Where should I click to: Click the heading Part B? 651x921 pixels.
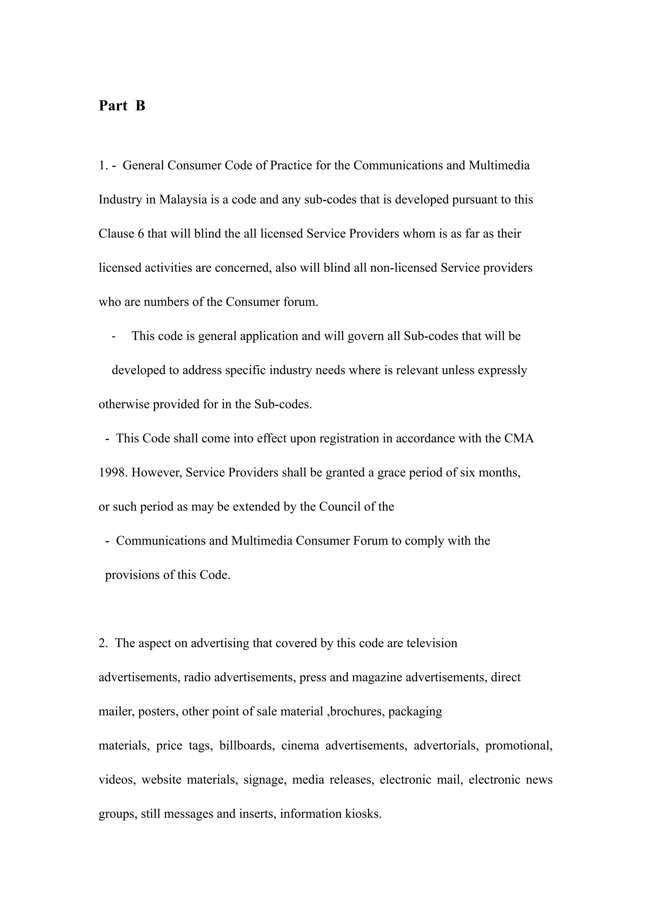pyautogui.click(x=122, y=106)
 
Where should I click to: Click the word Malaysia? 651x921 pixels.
pyautogui.click(x=183, y=199)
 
